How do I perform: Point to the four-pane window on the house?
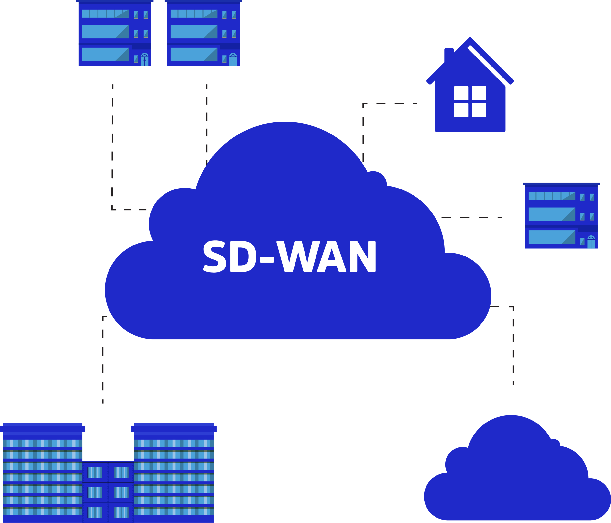(470, 101)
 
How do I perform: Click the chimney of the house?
(449, 55)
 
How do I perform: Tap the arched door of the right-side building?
(591, 243)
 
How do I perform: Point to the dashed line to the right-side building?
(472, 217)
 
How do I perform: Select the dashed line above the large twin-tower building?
(103, 360)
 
